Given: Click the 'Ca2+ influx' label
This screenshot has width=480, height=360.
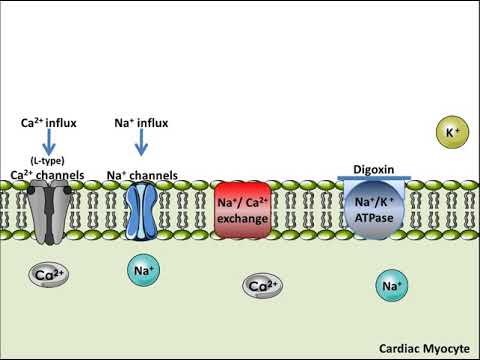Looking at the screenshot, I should pos(48,123).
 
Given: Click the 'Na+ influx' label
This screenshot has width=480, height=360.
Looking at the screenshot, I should pos(140,123).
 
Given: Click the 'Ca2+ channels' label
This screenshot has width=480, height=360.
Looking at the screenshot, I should pos(48,174).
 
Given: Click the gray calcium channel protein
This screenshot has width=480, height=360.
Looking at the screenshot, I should pos(48,212).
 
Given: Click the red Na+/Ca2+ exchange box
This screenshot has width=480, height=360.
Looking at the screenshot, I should pos(243,210).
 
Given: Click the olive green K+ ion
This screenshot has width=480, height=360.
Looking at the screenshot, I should pos(448,130).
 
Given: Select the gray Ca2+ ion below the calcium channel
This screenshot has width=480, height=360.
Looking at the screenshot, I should pos(46,273).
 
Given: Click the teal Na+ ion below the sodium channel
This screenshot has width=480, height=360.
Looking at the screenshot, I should pos(143,269).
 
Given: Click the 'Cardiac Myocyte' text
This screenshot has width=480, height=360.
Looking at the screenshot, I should pos(424,349).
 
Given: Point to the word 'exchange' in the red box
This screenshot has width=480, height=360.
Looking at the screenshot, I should pos(243,217).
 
